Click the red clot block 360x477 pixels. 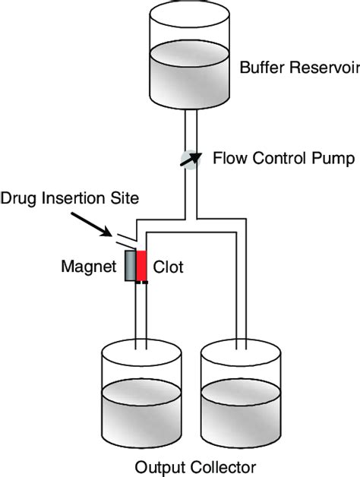point(142,267)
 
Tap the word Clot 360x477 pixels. point(169,267)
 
